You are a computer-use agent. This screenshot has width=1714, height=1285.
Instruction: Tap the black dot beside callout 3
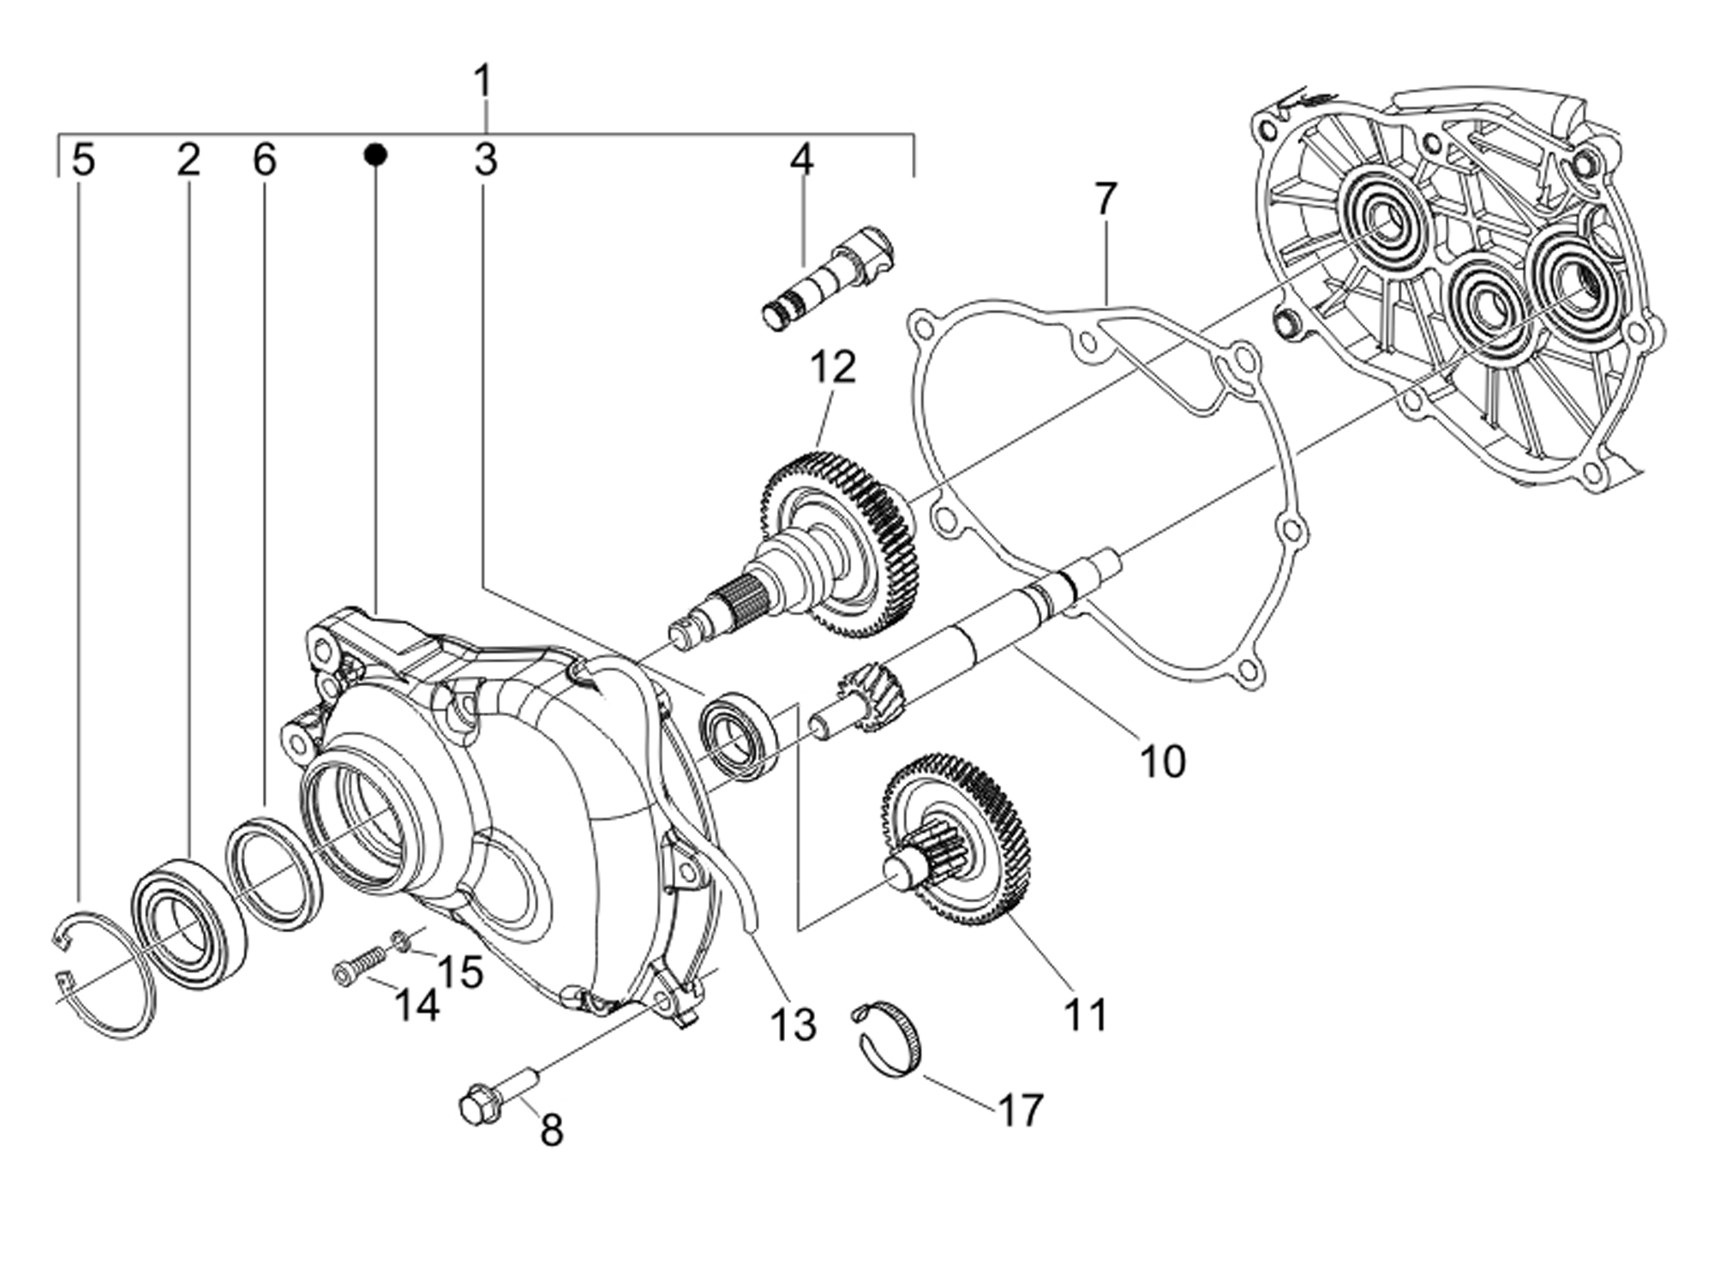coord(375,155)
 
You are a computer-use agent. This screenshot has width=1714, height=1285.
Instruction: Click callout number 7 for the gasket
coord(1106,200)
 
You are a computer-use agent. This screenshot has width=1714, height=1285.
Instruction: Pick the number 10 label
coord(1162,761)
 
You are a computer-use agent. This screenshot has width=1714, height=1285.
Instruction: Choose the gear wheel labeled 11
coord(960,840)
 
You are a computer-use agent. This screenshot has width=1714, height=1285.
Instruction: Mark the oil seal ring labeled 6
coord(273,873)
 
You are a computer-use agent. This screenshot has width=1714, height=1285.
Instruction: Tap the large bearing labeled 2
coord(188,921)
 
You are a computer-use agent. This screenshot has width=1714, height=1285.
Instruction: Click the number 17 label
coord(1020,1111)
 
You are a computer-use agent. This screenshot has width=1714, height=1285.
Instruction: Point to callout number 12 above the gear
coord(833,368)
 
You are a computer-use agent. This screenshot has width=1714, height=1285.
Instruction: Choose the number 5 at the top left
coord(83,160)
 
